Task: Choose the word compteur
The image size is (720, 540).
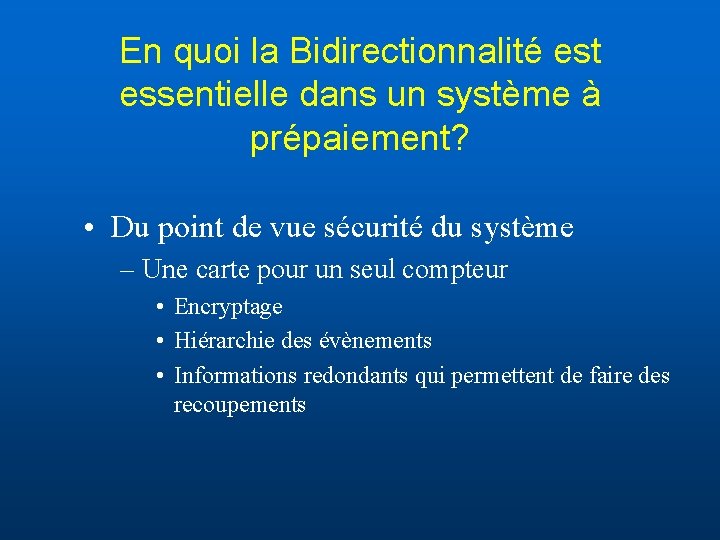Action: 459,270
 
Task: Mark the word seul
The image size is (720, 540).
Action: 380,270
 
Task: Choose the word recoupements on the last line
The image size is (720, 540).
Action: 240,405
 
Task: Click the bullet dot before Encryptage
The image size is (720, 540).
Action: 160,307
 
